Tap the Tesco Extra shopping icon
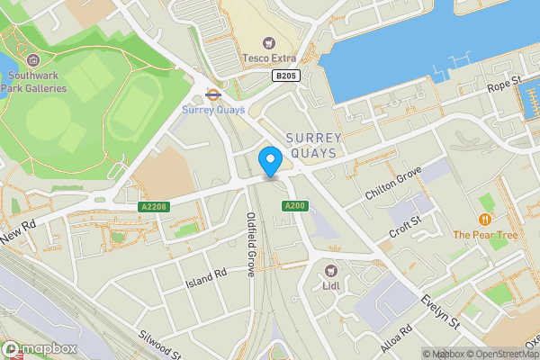pos(268,43)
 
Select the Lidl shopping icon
pos(330,270)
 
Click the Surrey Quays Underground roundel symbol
pos(213,93)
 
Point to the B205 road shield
pos(285,77)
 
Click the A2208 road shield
pos(154,207)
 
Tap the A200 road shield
pos(293,207)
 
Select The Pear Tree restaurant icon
pos(486,219)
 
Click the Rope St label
pos(505,85)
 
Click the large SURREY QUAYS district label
pos(313,145)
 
